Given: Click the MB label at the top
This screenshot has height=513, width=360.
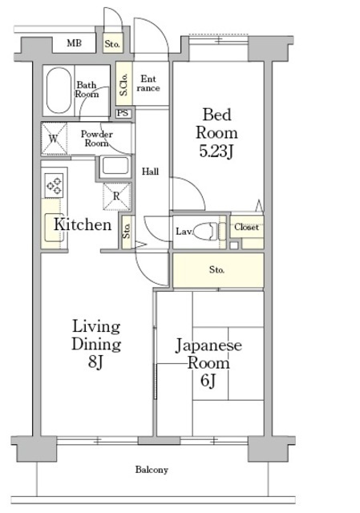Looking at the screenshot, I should [74, 43].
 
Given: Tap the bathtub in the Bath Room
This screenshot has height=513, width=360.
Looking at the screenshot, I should [58, 91].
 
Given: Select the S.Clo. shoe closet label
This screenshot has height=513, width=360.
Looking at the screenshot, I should [124, 84].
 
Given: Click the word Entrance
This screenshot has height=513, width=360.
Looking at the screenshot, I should [148, 83].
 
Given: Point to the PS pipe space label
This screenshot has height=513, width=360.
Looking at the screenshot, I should [123, 114].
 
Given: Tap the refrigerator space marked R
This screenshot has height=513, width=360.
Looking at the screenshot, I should [116, 196].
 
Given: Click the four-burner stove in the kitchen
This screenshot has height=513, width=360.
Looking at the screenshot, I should [55, 186].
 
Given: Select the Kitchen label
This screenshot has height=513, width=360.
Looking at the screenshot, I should [82, 225].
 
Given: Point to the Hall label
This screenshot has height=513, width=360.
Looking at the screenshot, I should [150, 172].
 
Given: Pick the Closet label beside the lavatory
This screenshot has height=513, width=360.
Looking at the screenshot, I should [246, 228].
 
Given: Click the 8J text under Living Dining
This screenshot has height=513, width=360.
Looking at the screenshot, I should [96, 362].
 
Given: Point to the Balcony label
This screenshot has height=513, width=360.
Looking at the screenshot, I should [151, 470].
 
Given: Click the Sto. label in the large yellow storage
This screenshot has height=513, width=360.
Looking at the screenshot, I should [216, 270].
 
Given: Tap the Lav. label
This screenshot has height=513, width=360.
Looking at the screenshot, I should [183, 232].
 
